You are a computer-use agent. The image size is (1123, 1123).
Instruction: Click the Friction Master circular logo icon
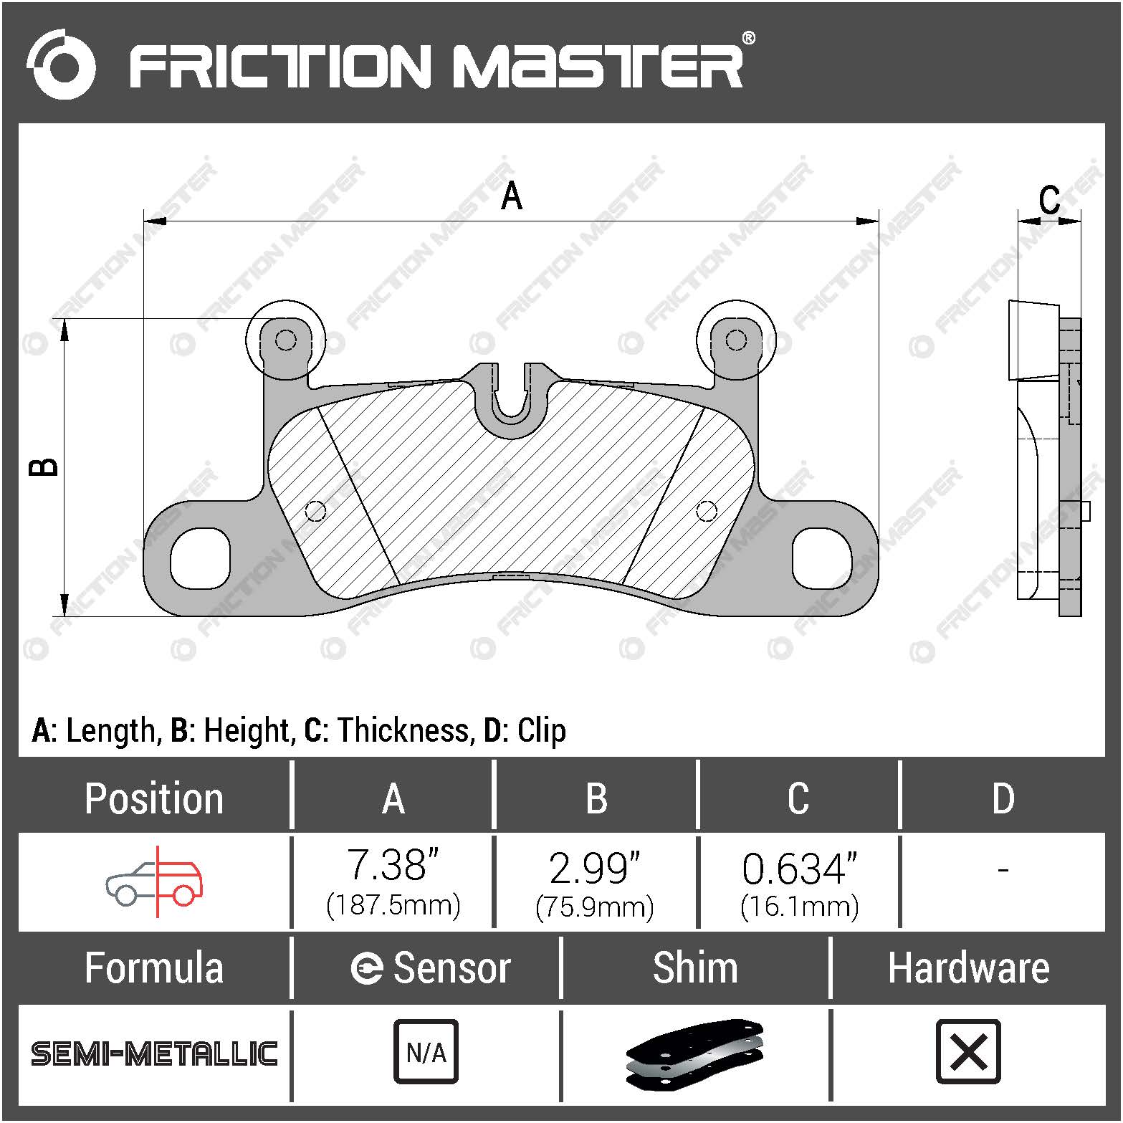[x=61, y=64]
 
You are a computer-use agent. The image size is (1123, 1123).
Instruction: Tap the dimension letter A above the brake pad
[x=511, y=196]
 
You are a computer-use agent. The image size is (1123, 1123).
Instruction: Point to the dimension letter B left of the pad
[x=44, y=467]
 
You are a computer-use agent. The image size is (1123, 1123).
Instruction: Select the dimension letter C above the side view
[x=1049, y=200]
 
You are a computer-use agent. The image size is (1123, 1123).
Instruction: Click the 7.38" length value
[x=393, y=866]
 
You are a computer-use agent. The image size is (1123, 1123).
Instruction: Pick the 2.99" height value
[x=594, y=867]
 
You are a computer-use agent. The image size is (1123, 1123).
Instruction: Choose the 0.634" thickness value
[x=799, y=869]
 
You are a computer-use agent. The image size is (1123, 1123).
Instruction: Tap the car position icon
[x=155, y=881]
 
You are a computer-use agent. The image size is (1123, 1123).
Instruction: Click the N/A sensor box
[x=426, y=1052]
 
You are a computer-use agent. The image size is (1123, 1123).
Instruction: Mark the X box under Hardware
[x=968, y=1052]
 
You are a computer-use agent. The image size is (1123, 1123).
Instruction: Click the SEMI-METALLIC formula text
[x=154, y=1053]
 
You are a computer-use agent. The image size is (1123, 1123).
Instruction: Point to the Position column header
[x=154, y=798]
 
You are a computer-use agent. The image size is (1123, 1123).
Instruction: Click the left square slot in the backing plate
[x=200, y=558]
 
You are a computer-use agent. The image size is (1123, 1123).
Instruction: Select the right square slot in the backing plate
[x=822, y=558]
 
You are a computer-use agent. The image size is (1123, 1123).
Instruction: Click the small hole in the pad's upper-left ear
[x=285, y=340]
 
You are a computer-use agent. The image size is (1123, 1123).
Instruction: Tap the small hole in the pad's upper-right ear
[x=736, y=339]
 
